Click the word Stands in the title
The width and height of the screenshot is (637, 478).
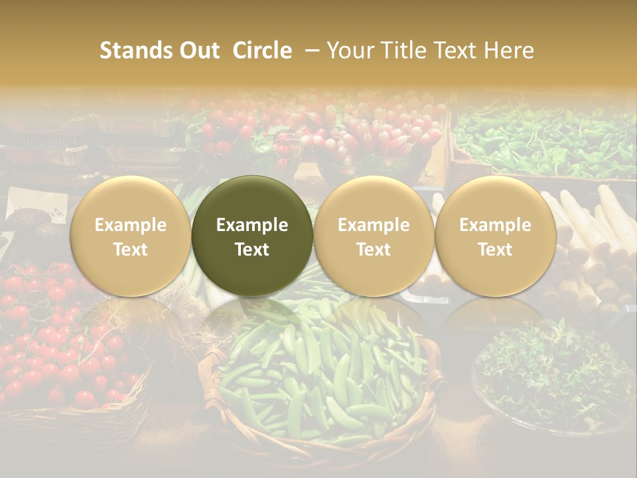[135, 50]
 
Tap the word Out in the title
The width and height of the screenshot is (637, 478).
[198, 50]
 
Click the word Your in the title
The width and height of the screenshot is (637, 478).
[351, 50]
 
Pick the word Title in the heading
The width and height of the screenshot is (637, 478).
[405, 50]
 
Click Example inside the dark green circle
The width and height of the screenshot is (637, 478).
[252, 225]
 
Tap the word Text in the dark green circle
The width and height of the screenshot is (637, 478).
[252, 250]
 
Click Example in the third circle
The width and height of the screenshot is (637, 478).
[374, 225]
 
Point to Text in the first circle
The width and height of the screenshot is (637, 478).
[131, 250]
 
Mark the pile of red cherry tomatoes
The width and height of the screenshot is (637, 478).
[60, 345]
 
